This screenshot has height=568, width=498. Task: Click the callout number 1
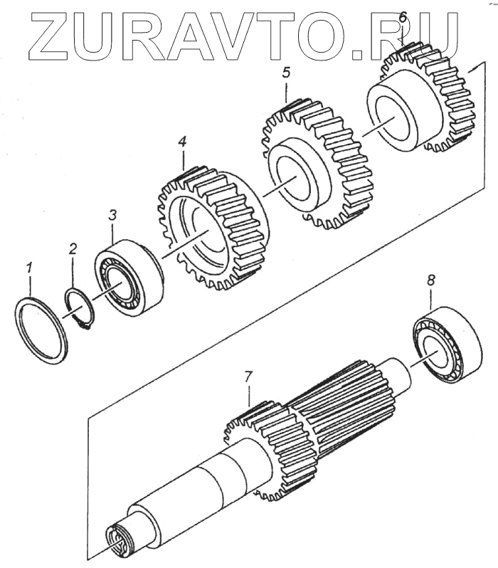coord(29,269)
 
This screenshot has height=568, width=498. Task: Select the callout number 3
coord(112,215)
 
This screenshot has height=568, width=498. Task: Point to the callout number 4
coord(182,142)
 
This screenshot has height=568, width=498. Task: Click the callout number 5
coord(286,72)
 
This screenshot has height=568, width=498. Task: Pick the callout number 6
coord(402,16)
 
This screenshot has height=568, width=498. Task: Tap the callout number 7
coord(248,376)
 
